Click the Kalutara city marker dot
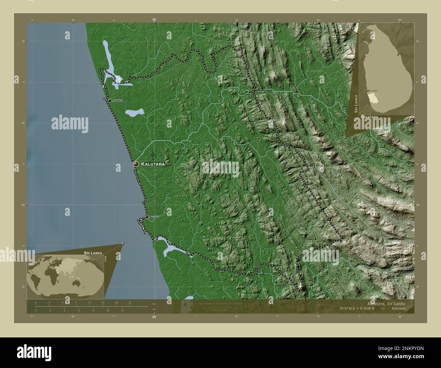[136, 164]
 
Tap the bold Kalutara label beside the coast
[153, 164]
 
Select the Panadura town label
[117, 101]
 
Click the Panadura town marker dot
[110, 100]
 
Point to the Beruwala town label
[154, 217]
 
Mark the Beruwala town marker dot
[147, 217]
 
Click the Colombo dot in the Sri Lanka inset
[368, 91]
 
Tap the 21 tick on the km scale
[130, 302]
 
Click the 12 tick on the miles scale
[122, 310]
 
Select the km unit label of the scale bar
[154, 303]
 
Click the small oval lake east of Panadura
[134, 112]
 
